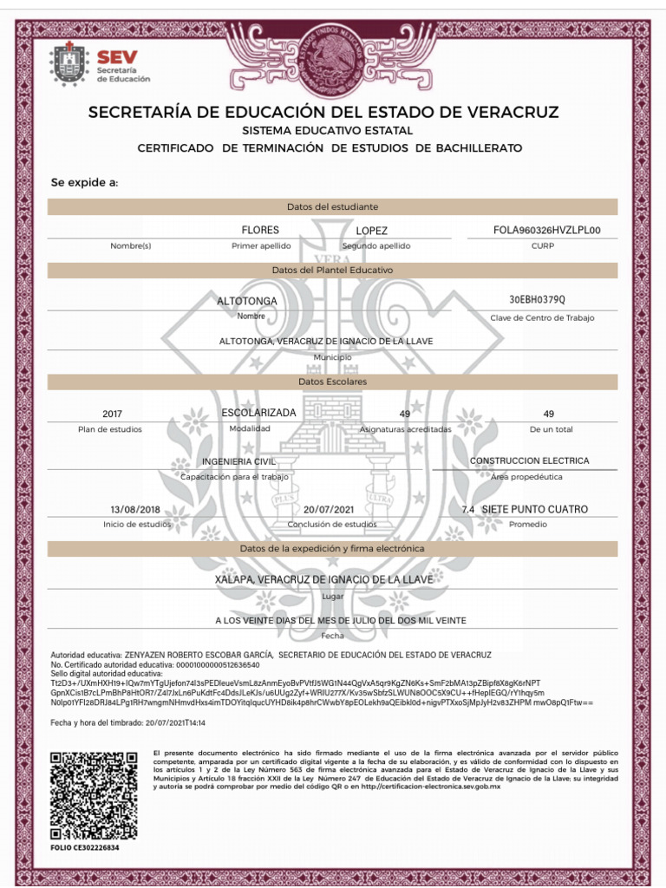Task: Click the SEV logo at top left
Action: pos(101,64)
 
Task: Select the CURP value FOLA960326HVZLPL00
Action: pos(546,231)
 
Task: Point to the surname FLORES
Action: pos(260,230)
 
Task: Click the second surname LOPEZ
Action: pos(371,231)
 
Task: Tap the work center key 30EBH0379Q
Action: pos(538,300)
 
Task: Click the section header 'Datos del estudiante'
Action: pos(332,206)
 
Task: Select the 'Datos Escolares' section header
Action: pos(332,382)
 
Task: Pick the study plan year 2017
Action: pos(113,415)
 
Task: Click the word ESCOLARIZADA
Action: pos(258,412)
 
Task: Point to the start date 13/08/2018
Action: pos(136,509)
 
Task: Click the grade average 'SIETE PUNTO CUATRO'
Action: pos(534,509)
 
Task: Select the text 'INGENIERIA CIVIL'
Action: pos(238,461)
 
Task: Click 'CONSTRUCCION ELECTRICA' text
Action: pos(529,460)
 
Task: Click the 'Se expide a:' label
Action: pos(84,183)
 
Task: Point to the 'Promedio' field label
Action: pos(527,525)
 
